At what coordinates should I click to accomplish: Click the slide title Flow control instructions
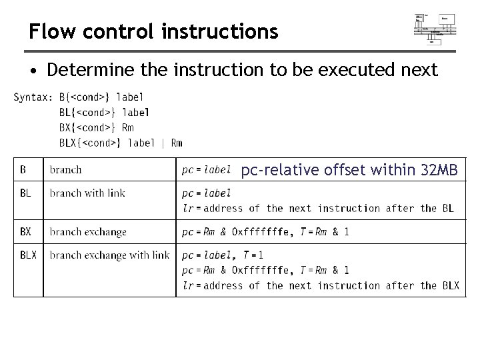[153, 31]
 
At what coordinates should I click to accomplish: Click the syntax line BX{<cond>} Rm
[96, 127]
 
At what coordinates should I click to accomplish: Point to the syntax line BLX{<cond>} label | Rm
[121, 143]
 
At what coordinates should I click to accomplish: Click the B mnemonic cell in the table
[23, 169]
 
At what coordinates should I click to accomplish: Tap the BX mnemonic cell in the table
[25, 232]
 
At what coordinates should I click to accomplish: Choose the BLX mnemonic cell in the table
[27, 255]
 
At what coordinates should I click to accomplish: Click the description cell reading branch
[66, 169]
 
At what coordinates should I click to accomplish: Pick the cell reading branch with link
[87, 193]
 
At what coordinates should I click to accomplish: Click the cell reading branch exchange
[88, 232]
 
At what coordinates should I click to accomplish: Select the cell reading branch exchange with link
[109, 255]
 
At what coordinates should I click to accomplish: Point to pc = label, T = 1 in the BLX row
[223, 255]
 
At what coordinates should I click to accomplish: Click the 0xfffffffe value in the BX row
[262, 232]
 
